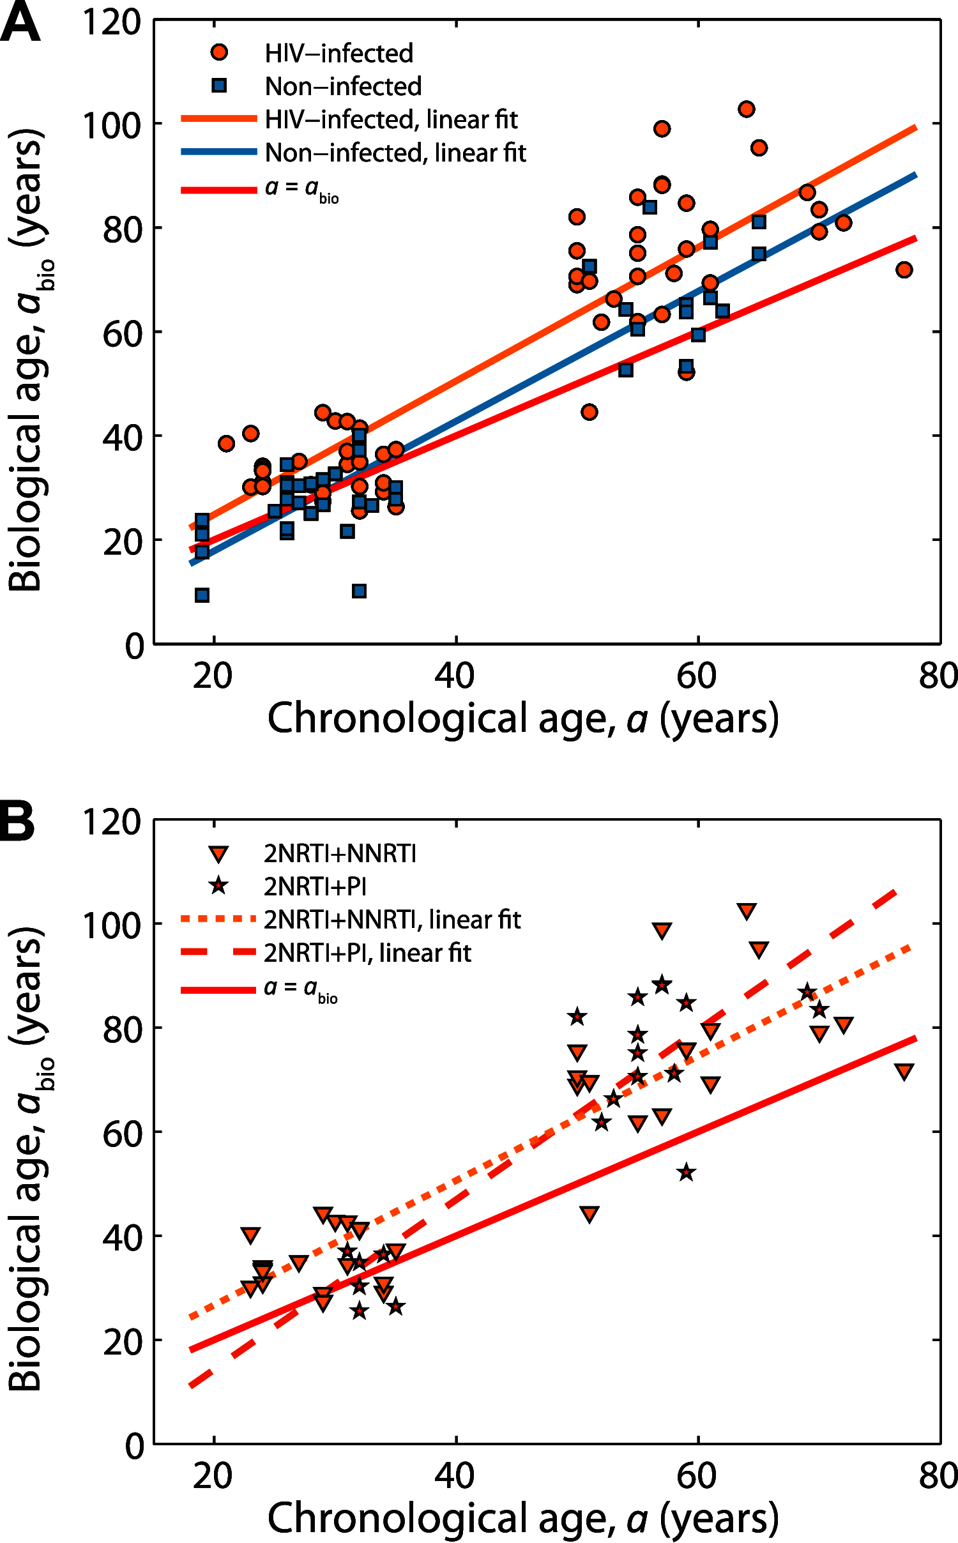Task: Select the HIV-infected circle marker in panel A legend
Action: point(219,52)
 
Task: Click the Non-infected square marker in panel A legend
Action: point(219,86)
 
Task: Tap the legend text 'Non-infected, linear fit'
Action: point(395,153)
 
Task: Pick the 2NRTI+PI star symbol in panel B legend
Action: point(219,886)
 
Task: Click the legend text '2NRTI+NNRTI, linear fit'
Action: point(392,920)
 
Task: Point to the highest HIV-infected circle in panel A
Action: point(746,109)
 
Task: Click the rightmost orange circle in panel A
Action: point(904,270)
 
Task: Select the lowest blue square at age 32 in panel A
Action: point(359,591)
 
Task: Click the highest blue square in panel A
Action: point(650,207)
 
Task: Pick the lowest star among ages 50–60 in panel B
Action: point(686,1173)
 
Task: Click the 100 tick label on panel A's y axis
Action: point(112,126)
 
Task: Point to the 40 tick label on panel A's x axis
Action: point(455,676)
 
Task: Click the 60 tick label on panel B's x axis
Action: point(697,1476)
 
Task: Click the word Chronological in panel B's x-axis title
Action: point(395,1519)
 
